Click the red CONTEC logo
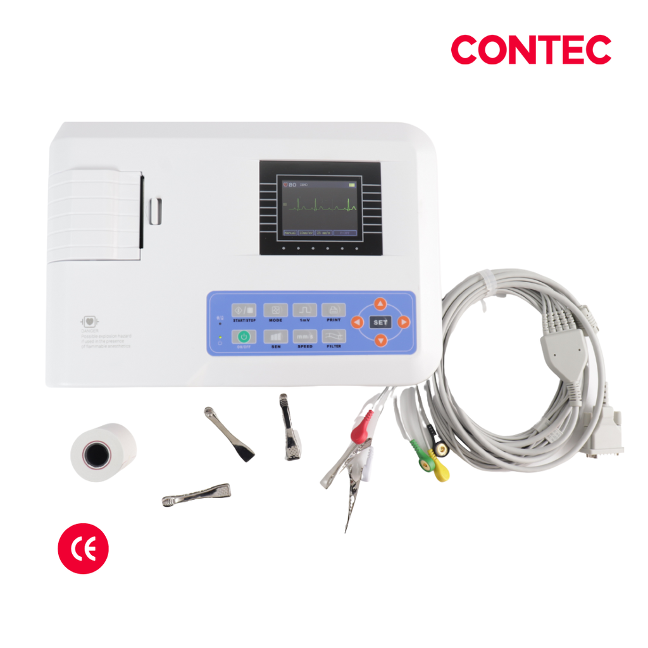pyautogui.click(x=531, y=50)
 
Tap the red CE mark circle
pyautogui.click(x=83, y=548)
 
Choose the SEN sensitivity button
pyautogui.click(x=275, y=337)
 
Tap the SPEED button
pyautogui.click(x=304, y=337)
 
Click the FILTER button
pyautogui.click(x=333, y=337)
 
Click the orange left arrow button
pyautogui.click(x=357, y=323)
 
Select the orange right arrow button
pyautogui.click(x=403, y=323)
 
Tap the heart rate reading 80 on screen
pyautogui.click(x=292, y=185)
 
